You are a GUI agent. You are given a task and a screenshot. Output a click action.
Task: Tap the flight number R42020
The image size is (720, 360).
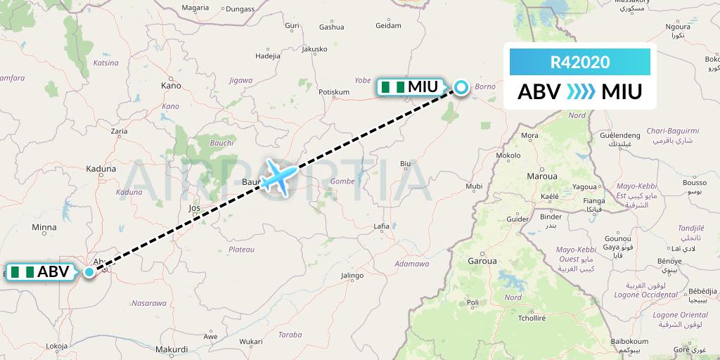click(579, 62)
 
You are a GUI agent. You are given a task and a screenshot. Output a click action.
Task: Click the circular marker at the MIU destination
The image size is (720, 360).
click(461, 87)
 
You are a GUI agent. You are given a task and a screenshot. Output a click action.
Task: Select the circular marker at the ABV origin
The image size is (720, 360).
click(89, 272)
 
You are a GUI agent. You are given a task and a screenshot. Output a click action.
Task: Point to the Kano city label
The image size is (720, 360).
click(171, 86)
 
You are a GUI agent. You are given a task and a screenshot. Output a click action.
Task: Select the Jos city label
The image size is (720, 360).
click(195, 208)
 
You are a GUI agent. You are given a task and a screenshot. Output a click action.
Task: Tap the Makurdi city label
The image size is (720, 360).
click(172, 349)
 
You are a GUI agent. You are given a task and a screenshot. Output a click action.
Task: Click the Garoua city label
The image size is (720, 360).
click(482, 261)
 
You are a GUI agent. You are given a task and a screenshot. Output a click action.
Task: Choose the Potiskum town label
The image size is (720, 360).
click(334, 92)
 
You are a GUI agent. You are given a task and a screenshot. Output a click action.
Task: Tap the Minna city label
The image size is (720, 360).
click(44, 227)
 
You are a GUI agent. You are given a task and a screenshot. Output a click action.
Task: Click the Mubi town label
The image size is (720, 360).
click(475, 187)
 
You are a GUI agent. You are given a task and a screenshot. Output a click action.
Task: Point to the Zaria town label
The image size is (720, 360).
click(119, 131)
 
